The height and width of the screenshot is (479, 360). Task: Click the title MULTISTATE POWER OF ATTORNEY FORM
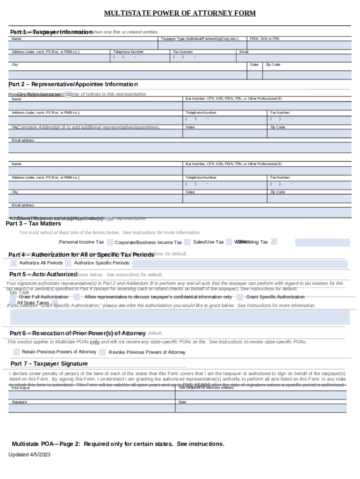pos(180,13)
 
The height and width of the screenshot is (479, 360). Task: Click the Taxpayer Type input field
pos(203,45)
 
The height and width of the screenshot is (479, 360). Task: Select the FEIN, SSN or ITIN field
pos(299,45)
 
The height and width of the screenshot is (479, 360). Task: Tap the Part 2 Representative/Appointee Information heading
pos(73,85)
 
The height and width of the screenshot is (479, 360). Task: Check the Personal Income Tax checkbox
pos(110,242)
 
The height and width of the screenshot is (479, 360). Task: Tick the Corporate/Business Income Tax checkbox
pos(187,242)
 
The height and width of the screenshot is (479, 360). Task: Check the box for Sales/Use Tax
pos(229,242)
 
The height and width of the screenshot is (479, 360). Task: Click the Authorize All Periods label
pos(41,263)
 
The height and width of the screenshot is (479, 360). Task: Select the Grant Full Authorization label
pos(43,297)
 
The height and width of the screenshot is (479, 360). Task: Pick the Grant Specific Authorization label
pos(275,297)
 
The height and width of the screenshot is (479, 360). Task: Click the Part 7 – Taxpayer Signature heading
pos(49,363)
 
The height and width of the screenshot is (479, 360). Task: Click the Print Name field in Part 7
pos(91,394)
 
